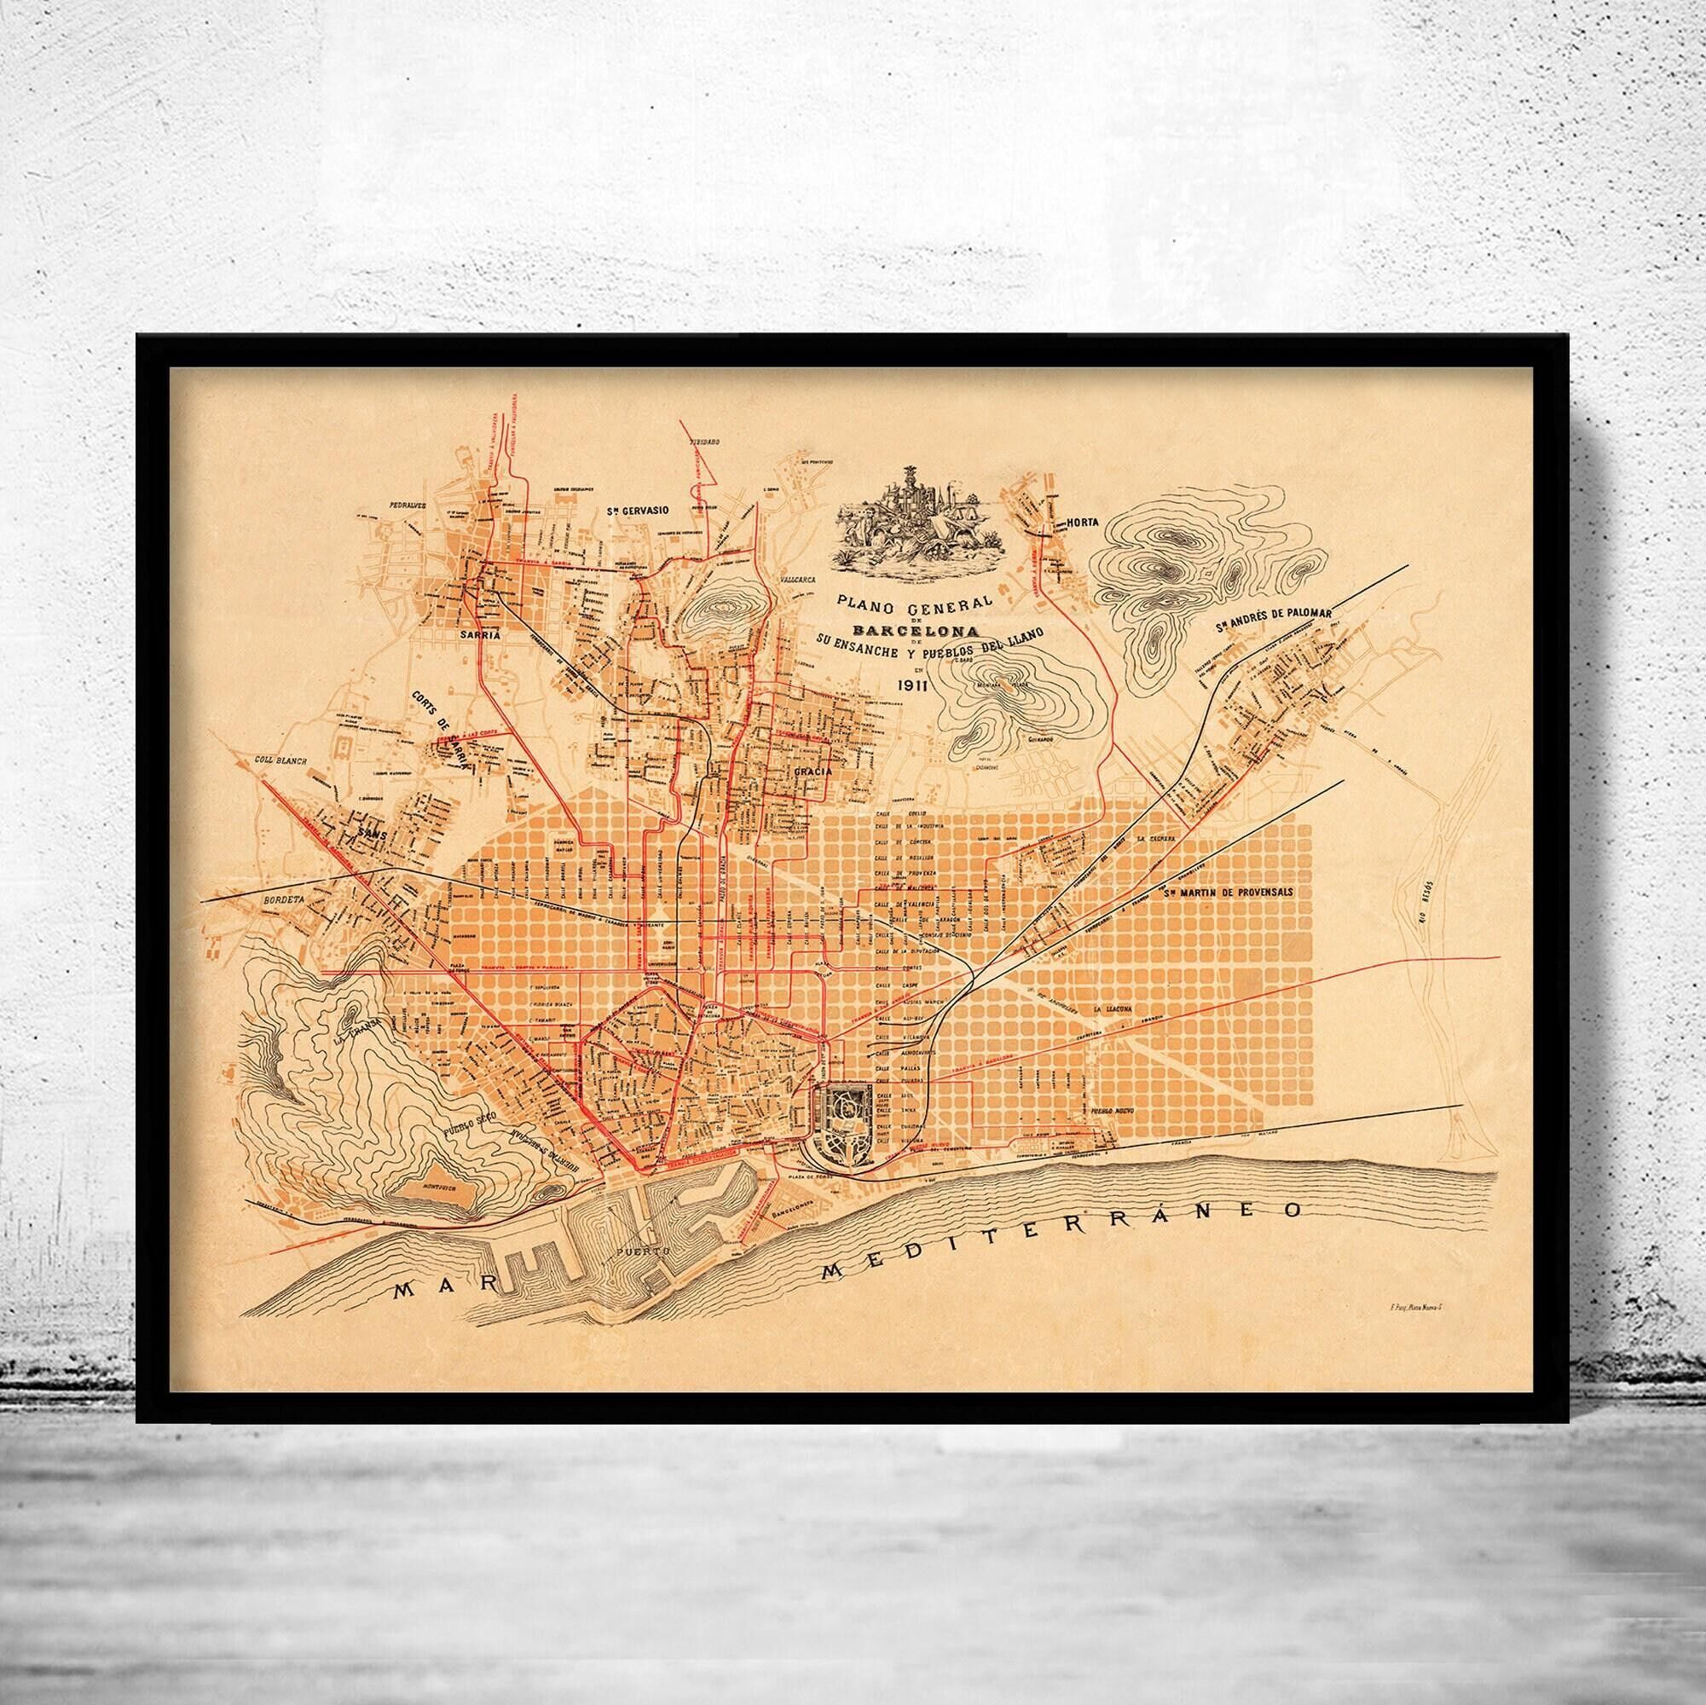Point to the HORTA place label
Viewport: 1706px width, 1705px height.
pyautogui.click(x=1082, y=523)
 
